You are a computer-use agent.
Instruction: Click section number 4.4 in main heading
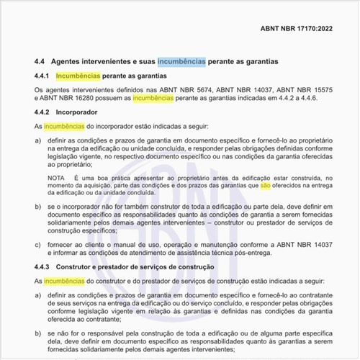click(41, 62)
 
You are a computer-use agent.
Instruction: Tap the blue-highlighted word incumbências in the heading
click(181, 62)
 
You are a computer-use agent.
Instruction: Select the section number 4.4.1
click(42, 76)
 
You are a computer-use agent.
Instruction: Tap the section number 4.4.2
click(42, 112)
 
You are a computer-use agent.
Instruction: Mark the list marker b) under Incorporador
click(38, 207)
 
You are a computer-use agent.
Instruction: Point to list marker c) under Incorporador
click(38, 243)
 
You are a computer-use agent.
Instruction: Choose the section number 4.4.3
click(42, 268)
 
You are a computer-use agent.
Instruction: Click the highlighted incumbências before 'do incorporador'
click(63, 125)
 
